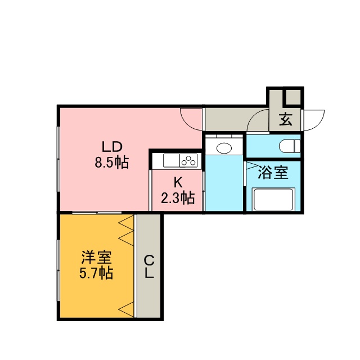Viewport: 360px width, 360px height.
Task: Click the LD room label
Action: [112, 147]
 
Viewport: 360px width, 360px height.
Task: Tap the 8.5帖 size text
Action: [112, 163]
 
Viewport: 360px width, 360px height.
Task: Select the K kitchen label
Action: [178, 183]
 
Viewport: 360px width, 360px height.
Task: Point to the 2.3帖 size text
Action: [178, 198]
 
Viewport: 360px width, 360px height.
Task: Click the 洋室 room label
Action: [96, 257]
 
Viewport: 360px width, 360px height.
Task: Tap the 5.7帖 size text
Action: [96, 273]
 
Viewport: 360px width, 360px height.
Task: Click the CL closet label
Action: [149, 267]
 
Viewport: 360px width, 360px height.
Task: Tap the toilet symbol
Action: [290, 146]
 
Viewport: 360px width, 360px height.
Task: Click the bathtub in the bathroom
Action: [273, 199]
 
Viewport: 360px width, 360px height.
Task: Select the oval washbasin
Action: [224, 148]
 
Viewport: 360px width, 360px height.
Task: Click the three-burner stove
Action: [188, 160]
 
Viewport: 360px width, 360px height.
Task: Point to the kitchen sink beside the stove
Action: [172, 160]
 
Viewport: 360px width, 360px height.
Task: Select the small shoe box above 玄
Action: [293, 96]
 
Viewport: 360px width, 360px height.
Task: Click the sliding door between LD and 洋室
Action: [97, 213]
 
